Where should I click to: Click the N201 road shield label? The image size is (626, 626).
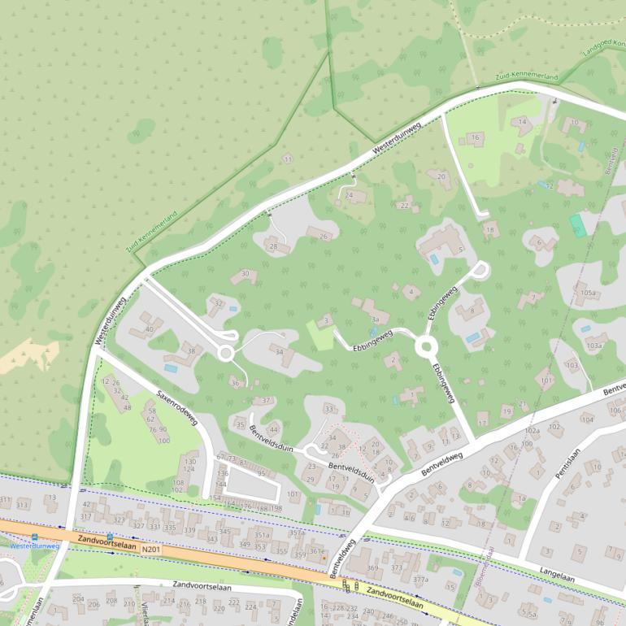150,550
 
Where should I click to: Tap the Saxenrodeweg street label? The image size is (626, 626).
176,406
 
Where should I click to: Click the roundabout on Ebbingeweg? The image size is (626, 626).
426,347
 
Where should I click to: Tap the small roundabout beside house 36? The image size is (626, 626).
226,354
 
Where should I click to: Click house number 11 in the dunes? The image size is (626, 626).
287,159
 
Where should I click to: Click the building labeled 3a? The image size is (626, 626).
375,320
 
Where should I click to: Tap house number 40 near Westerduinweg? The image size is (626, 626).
148,329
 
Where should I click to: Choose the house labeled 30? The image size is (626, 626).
245,275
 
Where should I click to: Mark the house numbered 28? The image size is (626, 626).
274,246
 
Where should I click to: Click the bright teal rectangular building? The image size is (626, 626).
578,225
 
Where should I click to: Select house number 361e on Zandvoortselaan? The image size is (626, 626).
317,553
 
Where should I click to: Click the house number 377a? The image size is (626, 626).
420,580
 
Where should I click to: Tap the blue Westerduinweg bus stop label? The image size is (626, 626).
34,546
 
